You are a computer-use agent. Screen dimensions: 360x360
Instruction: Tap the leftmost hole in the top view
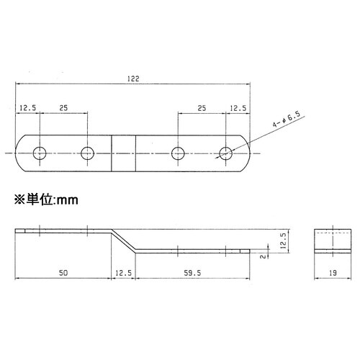40,152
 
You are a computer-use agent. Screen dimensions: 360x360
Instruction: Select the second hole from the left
88,152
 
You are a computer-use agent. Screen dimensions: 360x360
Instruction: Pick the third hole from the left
179,152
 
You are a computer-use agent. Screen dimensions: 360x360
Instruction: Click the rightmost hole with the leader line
226,152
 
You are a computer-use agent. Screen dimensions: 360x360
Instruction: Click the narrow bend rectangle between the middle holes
123,152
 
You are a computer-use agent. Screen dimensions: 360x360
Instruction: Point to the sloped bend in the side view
123,240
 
